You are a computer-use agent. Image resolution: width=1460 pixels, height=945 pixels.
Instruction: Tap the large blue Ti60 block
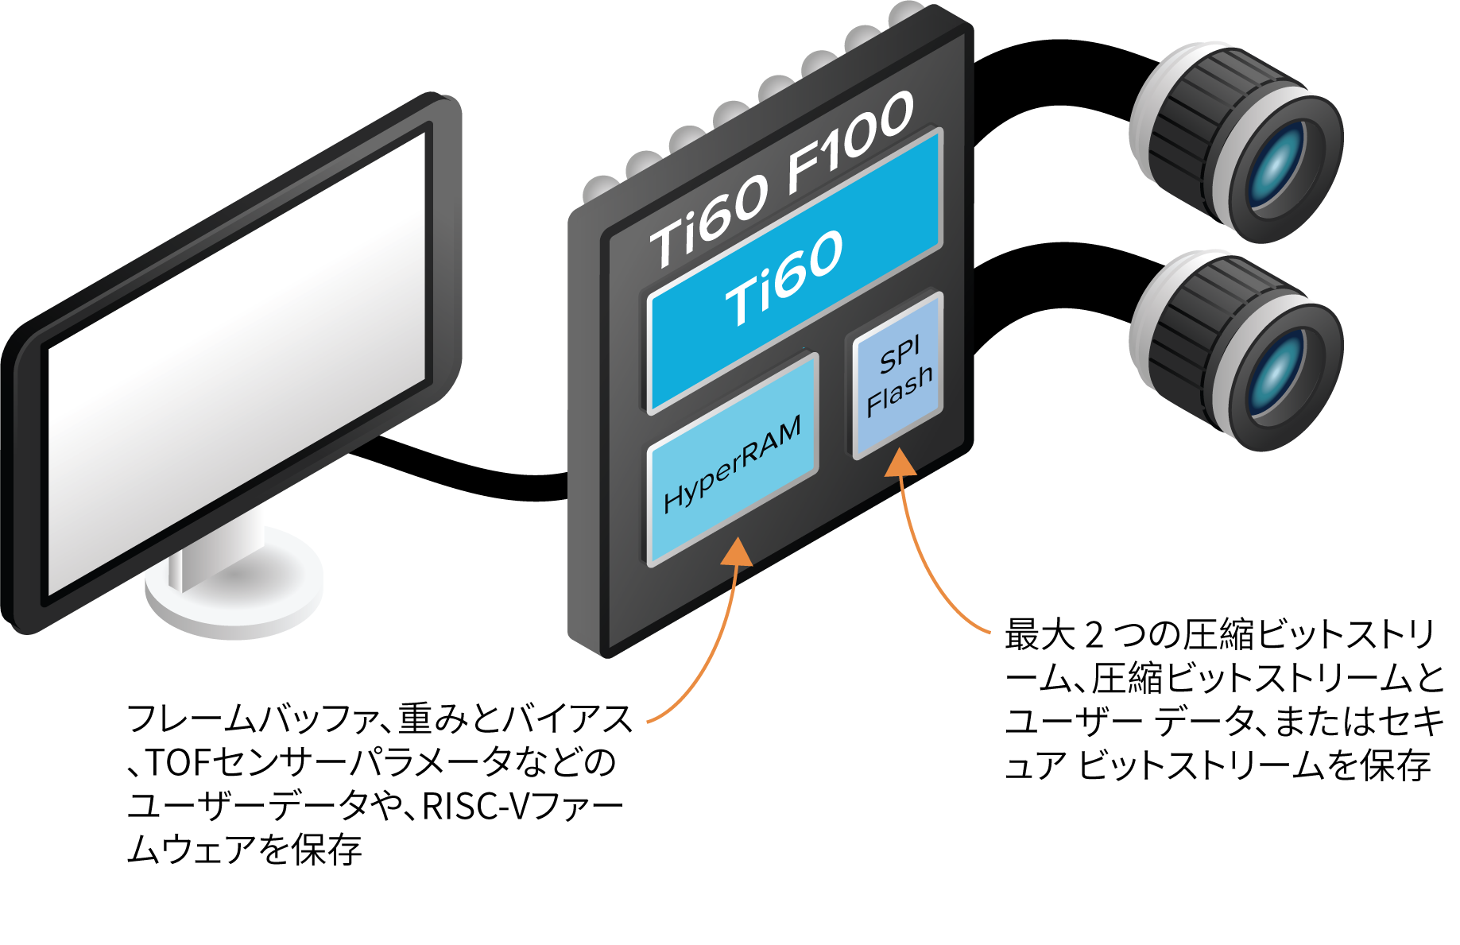[795, 270]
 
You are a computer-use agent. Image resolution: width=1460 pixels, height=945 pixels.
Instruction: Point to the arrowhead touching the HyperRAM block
[738, 550]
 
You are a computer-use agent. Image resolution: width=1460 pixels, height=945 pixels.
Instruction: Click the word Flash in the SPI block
[900, 391]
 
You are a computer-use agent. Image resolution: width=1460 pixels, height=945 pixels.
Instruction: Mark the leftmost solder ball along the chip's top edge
[598, 189]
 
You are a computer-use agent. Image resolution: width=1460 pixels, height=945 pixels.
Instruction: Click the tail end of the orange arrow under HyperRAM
[649, 722]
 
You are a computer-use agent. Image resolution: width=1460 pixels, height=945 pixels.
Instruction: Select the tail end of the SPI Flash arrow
[989, 633]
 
